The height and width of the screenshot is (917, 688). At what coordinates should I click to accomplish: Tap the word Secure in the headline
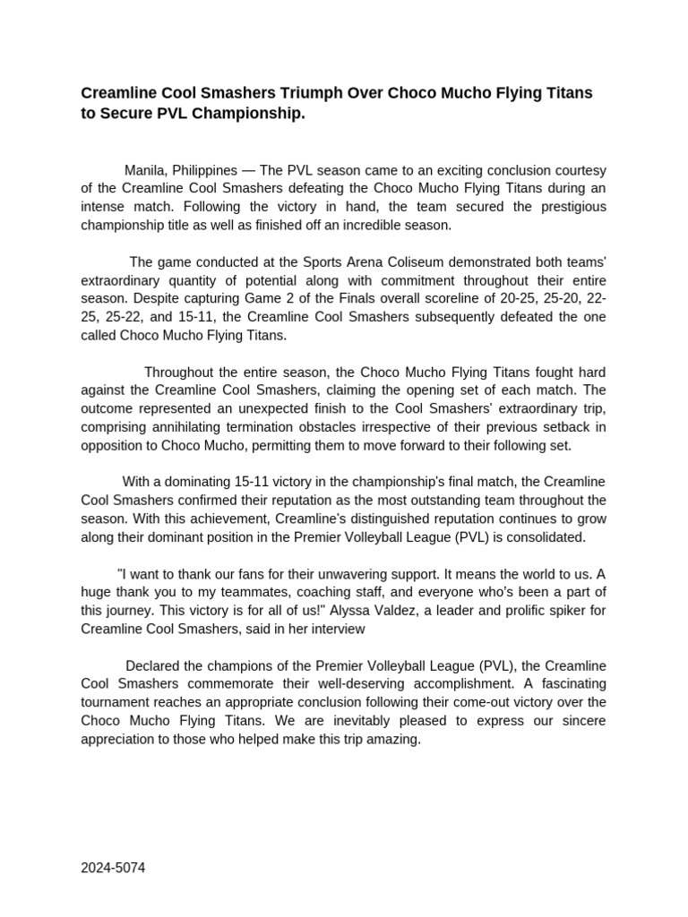(x=125, y=115)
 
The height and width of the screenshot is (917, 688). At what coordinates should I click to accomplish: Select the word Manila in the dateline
(x=144, y=169)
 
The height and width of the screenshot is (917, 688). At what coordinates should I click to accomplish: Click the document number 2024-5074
(x=113, y=868)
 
